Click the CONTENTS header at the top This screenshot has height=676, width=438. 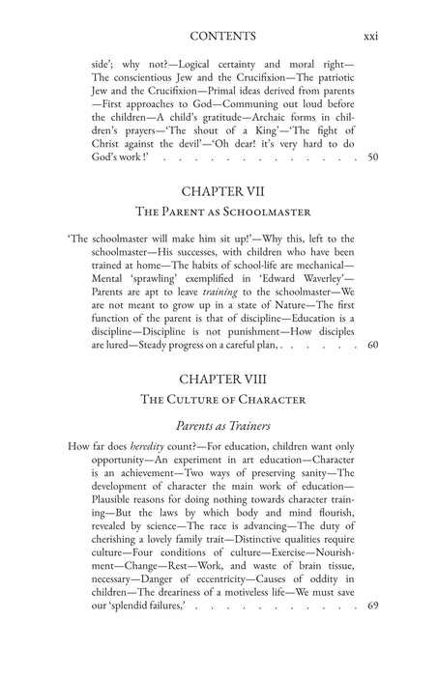pyautogui.click(x=223, y=37)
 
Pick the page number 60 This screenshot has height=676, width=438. pyautogui.click(x=374, y=371)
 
